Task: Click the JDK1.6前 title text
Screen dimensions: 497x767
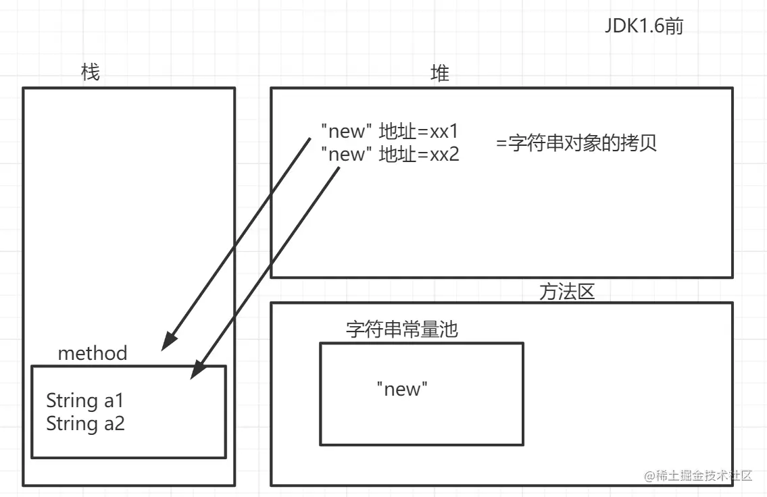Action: (644, 28)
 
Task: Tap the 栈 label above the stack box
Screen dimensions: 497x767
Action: (90, 72)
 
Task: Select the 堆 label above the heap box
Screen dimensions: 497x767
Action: (440, 73)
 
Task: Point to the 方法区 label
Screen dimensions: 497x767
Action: (567, 292)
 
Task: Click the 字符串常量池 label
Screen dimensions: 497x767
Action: (401, 329)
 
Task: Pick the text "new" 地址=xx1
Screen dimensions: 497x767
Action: (390, 131)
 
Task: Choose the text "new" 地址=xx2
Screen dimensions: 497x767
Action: (390, 155)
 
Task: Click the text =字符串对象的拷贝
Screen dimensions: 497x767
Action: (576, 144)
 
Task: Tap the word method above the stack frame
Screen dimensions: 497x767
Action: (93, 352)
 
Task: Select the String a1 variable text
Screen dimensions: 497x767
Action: (85, 400)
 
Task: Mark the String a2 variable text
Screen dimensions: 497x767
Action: (85, 423)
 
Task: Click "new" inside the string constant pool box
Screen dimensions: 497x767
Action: (402, 389)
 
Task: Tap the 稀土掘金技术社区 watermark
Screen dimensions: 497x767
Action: (699, 475)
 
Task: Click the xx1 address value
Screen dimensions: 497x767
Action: (444, 131)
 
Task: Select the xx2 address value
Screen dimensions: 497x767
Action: (444, 155)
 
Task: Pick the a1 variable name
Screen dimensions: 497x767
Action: (114, 400)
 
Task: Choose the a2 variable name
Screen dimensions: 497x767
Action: (114, 423)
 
